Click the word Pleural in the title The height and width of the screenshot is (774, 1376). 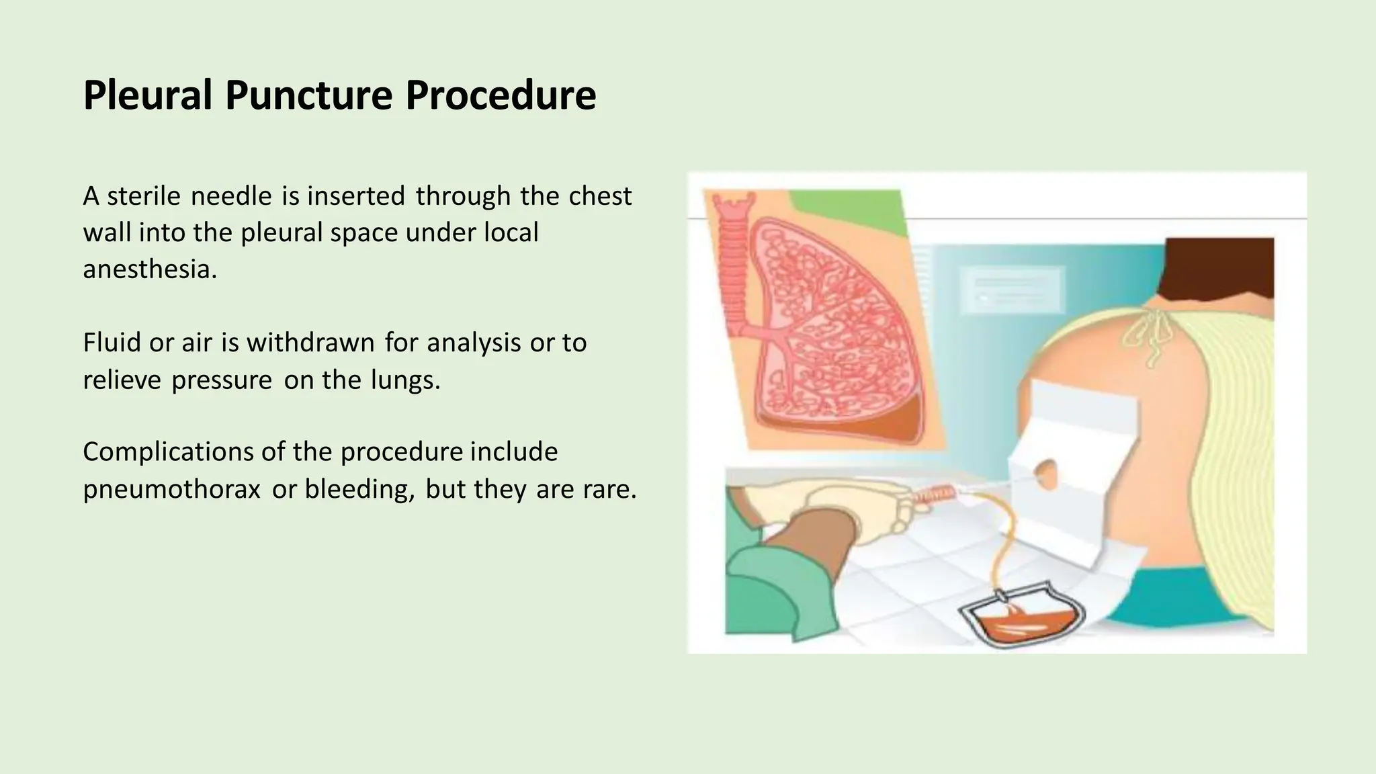tap(148, 95)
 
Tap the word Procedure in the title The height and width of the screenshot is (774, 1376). tap(501, 95)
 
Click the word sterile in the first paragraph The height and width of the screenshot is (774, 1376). tap(144, 196)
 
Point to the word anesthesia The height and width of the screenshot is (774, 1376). tap(150, 269)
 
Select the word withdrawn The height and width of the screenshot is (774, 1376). tap(310, 343)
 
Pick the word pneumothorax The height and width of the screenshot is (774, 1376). tap(171, 489)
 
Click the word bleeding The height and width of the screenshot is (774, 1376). tap(359, 489)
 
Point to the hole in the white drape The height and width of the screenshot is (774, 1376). tap(1045, 474)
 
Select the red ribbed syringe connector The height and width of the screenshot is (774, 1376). tap(934, 497)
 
